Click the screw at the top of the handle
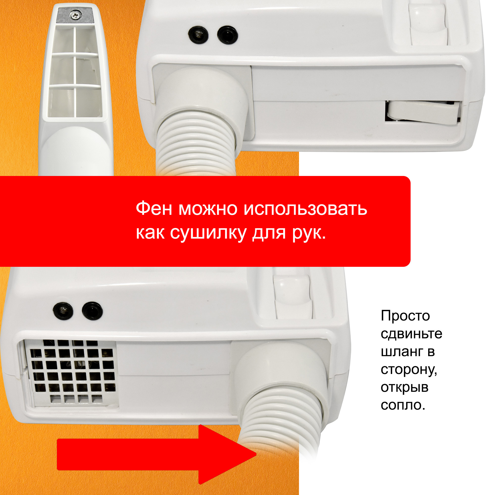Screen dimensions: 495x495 coord(75,16)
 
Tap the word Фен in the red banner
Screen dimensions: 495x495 coord(154,209)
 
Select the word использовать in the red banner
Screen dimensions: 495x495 coord(305,209)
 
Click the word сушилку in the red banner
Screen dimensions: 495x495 coord(208,233)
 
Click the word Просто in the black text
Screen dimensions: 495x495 coord(405,316)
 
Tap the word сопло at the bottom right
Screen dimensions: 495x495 coord(402,405)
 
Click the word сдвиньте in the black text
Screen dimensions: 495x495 coord(411,334)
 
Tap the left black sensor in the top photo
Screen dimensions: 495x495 coord(198,35)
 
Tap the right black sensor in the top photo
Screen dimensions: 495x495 coord(227,35)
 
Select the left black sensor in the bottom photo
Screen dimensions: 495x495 coord(63,311)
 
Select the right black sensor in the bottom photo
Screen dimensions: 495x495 coord(92,311)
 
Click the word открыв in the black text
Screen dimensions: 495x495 coord(404,387)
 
